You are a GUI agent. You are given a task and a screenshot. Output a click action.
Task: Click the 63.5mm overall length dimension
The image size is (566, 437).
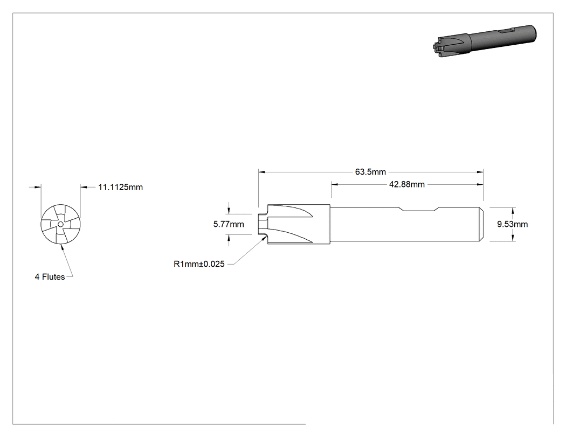tap(370, 172)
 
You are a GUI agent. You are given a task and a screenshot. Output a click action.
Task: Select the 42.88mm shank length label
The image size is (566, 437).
tap(407, 184)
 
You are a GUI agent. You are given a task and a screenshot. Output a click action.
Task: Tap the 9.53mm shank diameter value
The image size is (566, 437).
tap(512, 224)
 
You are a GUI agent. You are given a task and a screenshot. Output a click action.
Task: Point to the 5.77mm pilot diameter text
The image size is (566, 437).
tap(229, 224)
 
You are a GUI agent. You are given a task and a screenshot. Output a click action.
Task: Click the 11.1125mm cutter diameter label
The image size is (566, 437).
tap(121, 188)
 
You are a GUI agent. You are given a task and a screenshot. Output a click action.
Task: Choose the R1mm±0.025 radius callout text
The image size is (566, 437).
tap(199, 264)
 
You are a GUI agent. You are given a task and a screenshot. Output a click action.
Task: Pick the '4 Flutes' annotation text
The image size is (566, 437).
tap(50, 277)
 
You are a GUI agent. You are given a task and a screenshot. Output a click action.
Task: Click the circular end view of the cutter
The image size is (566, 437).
tap(60, 225)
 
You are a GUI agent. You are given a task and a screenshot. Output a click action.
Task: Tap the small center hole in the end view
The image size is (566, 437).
tap(60, 225)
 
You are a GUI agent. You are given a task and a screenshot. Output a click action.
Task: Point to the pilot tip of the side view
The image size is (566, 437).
tap(263, 224)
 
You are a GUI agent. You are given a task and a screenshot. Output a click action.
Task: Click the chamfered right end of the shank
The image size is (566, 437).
tap(481, 224)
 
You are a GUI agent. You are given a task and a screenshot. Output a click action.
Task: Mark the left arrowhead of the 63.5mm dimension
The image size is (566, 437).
tap(261, 172)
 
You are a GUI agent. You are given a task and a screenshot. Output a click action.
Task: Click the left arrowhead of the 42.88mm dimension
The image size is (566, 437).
tap(335, 184)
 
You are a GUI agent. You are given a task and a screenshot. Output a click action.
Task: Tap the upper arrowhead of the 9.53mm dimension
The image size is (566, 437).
tap(514, 210)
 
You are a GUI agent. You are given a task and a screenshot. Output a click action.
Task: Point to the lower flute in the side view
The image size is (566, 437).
tap(291, 235)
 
